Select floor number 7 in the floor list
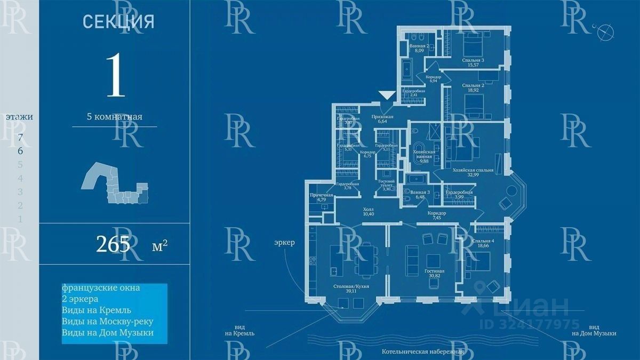(x=20, y=137)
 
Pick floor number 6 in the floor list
(x=20, y=151)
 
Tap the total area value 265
(x=113, y=244)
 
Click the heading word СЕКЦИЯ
(x=118, y=22)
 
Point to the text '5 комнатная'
(x=115, y=117)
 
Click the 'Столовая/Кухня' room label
(x=351, y=286)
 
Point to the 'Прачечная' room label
(x=322, y=195)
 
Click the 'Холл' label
(x=368, y=210)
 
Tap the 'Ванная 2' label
(x=419, y=46)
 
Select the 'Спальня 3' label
(x=473, y=60)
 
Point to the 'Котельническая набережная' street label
(x=423, y=352)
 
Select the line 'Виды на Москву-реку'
(x=107, y=321)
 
